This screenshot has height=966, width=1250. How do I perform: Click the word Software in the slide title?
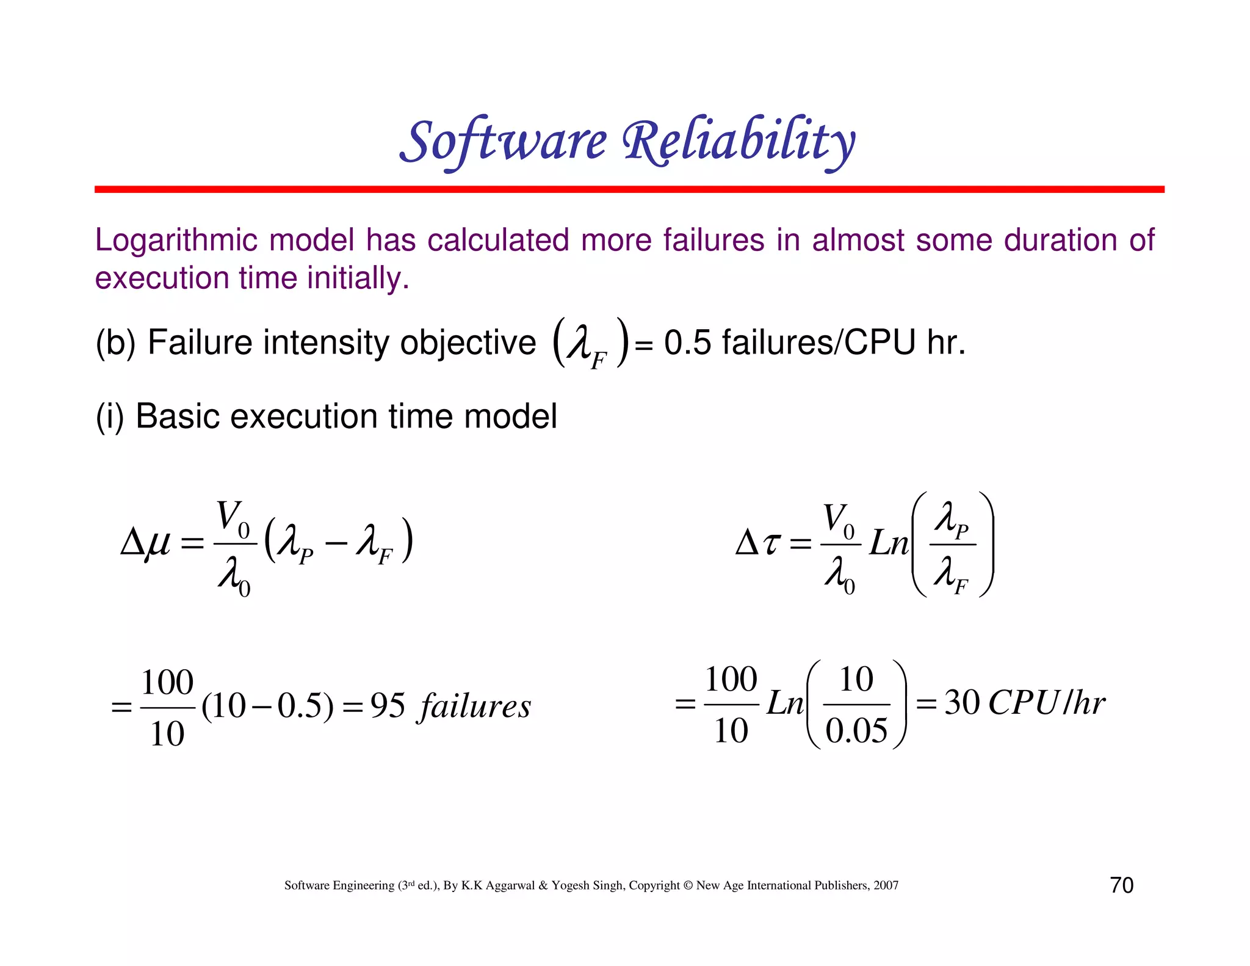[504, 142]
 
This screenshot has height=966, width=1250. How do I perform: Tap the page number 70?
[1121, 885]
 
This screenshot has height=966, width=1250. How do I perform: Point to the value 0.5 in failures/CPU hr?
[687, 343]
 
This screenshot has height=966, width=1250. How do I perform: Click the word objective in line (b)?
[468, 343]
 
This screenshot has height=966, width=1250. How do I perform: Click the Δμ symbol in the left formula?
[145, 542]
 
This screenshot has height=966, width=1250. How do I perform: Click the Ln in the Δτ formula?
[888, 542]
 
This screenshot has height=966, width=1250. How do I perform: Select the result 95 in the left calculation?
[388, 706]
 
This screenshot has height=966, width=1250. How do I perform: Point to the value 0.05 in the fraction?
[856, 731]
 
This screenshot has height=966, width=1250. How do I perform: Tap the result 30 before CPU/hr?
[962, 703]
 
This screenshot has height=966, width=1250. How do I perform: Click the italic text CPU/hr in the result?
[1046, 703]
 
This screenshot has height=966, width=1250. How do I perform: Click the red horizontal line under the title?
[629, 189]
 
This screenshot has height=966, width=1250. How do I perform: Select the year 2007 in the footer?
[885, 885]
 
